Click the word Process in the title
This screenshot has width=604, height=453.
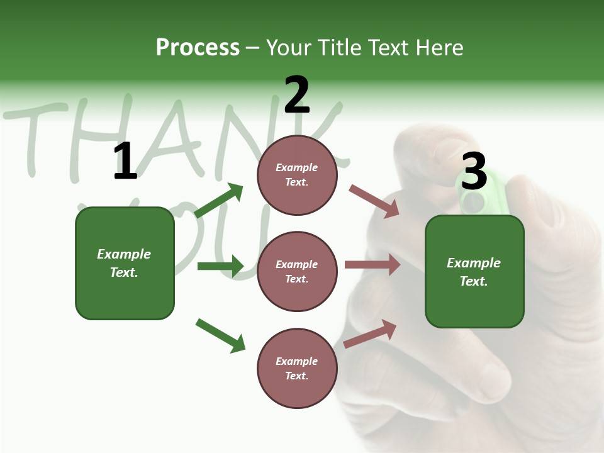(x=198, y=47)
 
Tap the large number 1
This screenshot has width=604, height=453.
(x=125, y=162)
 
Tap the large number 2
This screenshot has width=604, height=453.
(x=297, y=95)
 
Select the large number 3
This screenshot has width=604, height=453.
(x=474, y=171)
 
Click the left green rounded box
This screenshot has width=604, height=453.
(x=125, y=263)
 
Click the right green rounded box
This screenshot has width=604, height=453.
(x=474, y=272)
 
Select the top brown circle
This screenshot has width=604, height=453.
(x=297, y=175)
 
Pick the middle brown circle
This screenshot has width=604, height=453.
(x=297, y=272)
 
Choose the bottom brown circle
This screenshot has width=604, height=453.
(x=297, y=369)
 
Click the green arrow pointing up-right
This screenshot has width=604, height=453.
(x=219, y=200)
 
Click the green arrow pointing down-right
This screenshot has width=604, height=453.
(x=220, y=335)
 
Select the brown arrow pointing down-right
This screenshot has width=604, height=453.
(x=374, y=201)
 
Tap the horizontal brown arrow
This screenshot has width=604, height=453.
(x=372, y=265)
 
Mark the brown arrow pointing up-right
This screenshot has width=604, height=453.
(x=370, y=333)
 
